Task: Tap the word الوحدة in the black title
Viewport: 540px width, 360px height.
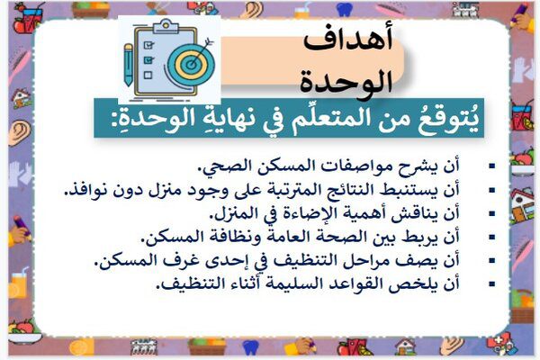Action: (346, 82)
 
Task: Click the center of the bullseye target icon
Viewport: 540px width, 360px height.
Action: (191, 64)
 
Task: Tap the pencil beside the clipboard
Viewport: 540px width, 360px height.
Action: (129, 64)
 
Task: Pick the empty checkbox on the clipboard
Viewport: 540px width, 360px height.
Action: (148, 75)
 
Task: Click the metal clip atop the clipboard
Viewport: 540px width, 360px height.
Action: (166, 25)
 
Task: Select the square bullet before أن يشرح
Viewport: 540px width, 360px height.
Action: (491, 166)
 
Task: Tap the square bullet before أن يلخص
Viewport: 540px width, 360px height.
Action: (491, 284)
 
